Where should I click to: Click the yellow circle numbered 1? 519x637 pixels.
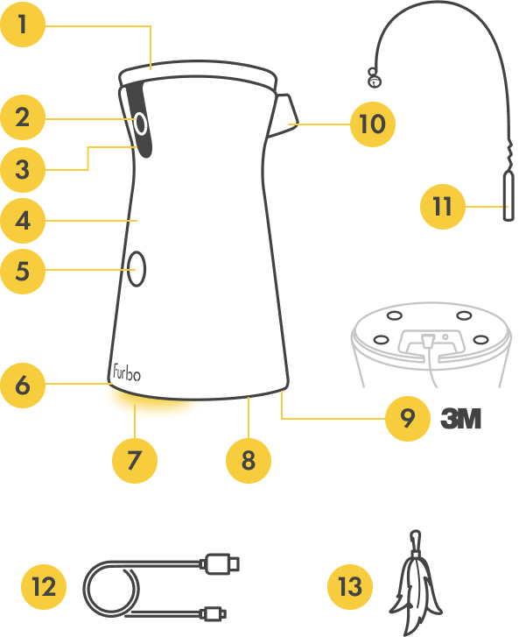pyautogui.click(x=23, y=25)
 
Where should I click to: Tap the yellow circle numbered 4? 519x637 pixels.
pyautogui.click(x=23, y=221)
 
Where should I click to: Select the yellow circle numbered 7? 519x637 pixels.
pyautogui.click(x=135, y=461)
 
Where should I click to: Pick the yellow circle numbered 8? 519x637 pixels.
pyautogui.click(x=249, y=461)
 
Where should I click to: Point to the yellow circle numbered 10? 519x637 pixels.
pyautogui.click(x=373, y=124)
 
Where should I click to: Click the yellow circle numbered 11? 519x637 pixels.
pyautogui.click(x=442, y=207)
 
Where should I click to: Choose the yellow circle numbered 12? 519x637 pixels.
pyautogui.click(x=44, y=587)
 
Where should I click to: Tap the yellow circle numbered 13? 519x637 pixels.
pyautogui.click(x=350, y=587)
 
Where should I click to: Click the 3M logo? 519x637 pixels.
pyautogui.click(x=461, y=419)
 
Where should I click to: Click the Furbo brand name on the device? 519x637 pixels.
pyautogui.click(x=127, y=372)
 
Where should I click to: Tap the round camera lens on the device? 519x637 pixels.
pyautogui.click(x=140, y=124)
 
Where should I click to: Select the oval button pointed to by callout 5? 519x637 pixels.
pyautogui.click(x=137, y=268)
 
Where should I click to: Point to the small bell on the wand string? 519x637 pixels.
pyautogui.click(x=374, y=78)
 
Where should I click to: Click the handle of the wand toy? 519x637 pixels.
pyautogui.click(x=508, y=196)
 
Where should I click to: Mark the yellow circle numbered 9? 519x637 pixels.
pyautogui.click(x=407, y=419)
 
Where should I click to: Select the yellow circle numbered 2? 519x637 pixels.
pyautogui.click(x=23, y=117)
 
